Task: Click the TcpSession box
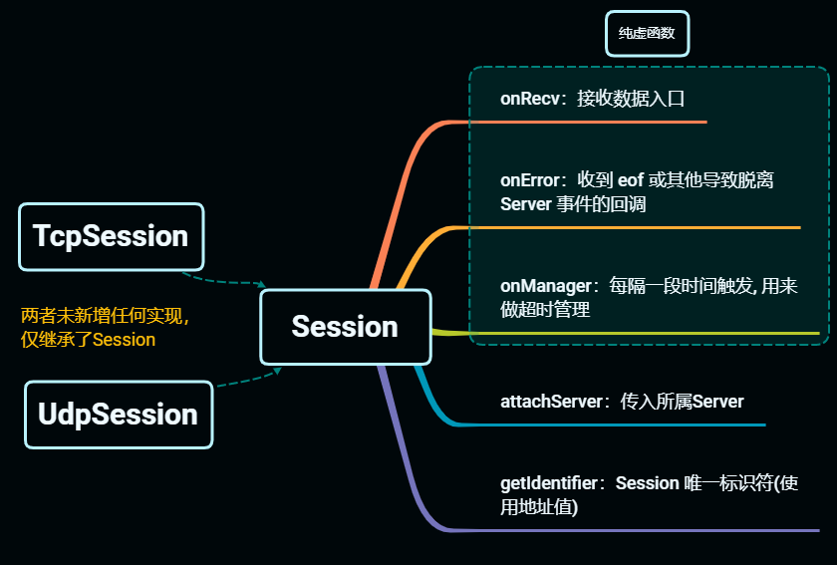click(x=111, y=237)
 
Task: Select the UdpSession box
click(x=118, y=415)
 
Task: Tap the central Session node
click(x=345, y=327)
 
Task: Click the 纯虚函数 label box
click(x=647, y=33)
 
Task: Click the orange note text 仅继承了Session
click(x=89, y=340)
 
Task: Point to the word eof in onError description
click(x=631, y=180)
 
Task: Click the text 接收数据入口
click(x=631, y=99)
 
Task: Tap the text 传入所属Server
click(x=682, y=402)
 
